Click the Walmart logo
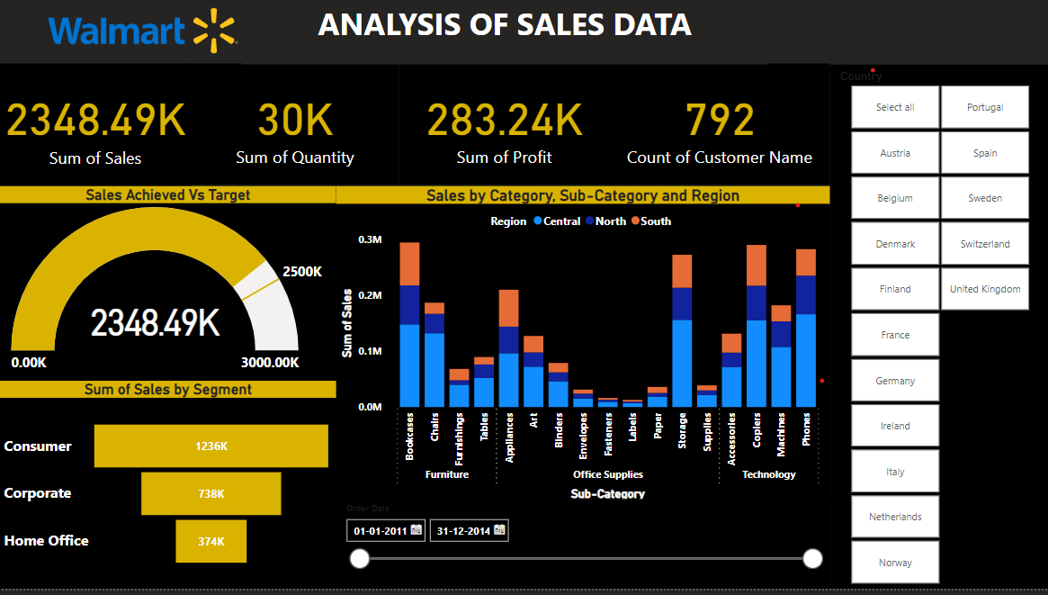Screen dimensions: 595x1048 (x=142, y=30)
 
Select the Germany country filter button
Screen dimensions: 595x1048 (x=895, y=381)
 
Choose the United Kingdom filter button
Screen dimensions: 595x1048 (x=985, y=289)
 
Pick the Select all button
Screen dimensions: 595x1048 (x=895, y=107)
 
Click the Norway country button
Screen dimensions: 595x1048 (x=895, y=563)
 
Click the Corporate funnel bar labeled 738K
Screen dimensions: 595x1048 (x=211, y=493)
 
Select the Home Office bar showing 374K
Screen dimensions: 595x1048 (x=211, y=541)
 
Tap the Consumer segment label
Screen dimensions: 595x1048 (x=38, y=446)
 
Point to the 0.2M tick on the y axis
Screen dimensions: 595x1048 (x=371, y=295)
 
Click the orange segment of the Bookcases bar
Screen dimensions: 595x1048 (x=409, y=264)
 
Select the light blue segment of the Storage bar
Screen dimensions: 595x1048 (x=682, y=363)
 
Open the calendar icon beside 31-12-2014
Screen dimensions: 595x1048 (x=499, y=530)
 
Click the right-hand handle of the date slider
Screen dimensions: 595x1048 (x=812, y=559)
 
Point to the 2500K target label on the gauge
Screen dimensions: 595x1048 (x=301, y=272)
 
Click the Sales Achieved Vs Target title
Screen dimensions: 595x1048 (x=167, y=194)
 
